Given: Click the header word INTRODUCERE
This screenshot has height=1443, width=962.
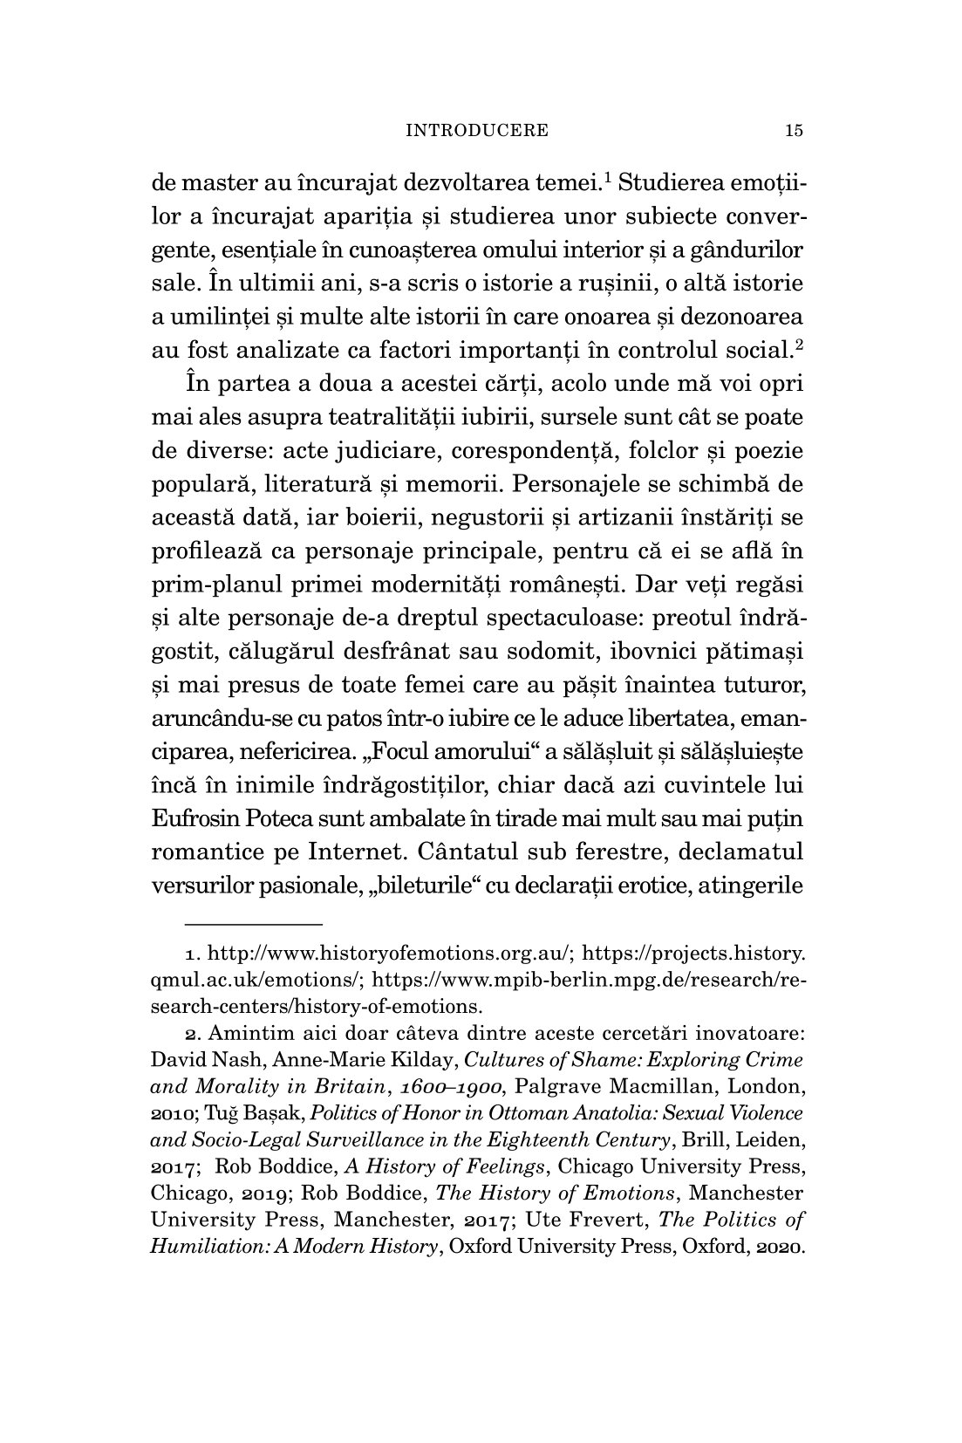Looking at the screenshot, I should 479,131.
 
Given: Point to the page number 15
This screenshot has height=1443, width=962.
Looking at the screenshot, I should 793,131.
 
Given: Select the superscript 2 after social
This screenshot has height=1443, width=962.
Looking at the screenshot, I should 799,344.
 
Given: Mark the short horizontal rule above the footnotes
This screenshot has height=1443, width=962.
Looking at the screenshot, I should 254,923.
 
